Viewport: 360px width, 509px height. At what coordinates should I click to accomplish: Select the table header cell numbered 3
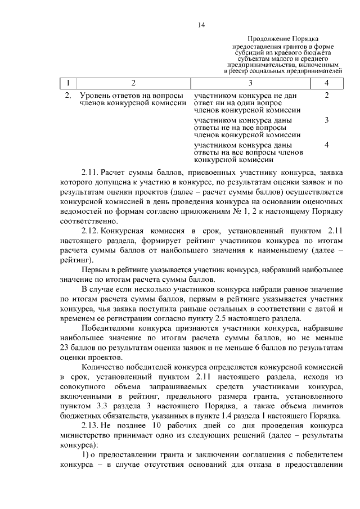coord(250,83)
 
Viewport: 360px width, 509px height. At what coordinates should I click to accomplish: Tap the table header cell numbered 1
coord(68,83)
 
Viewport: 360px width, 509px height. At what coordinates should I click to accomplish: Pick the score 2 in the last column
coord(327,96)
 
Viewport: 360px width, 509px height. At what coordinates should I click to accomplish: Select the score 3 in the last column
coord(327,120)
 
